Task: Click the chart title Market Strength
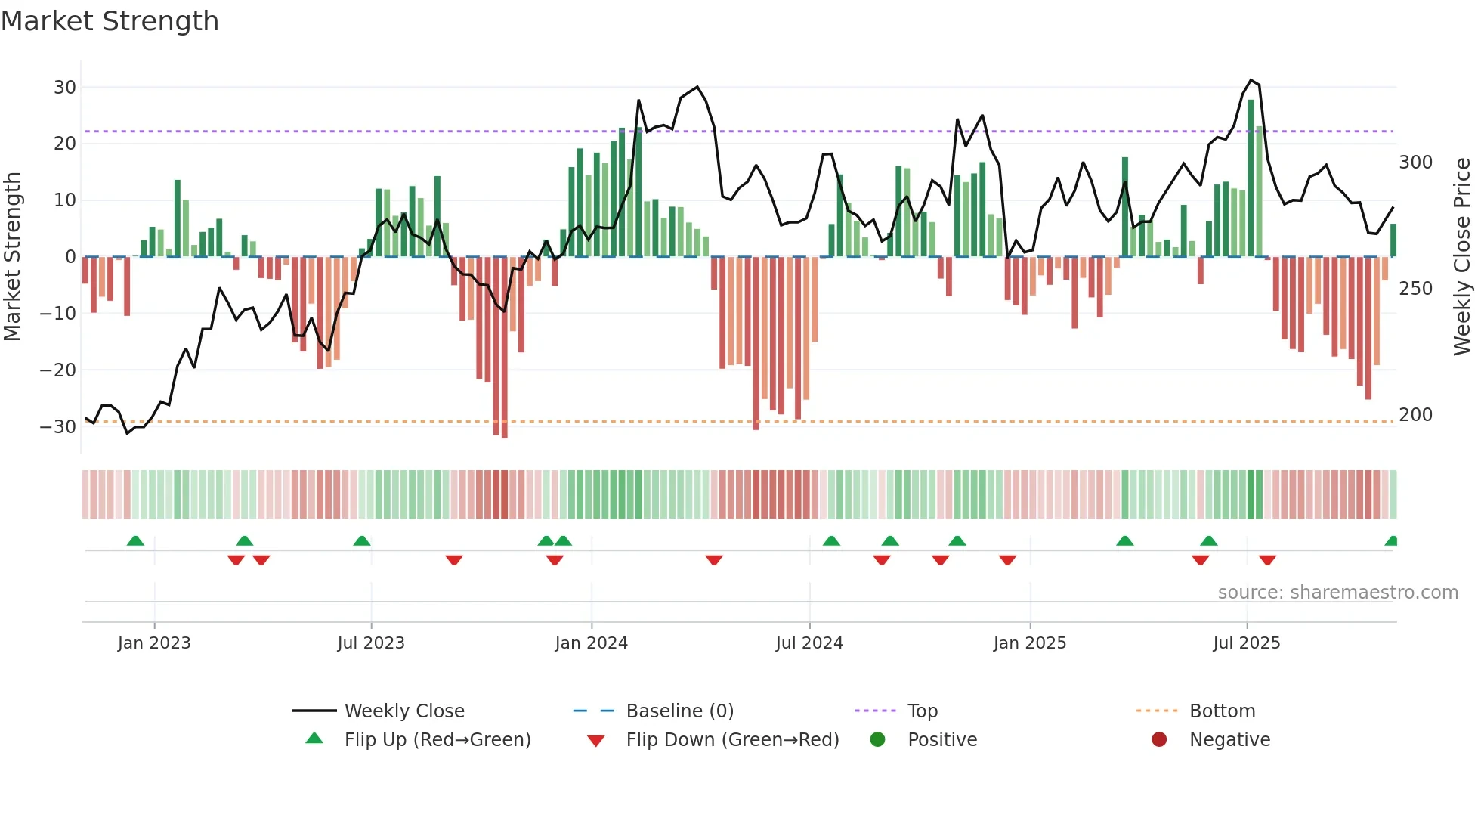[110, 21]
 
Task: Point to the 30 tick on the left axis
[65, 87]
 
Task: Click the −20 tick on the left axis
[58, 370]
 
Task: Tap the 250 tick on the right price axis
[1415, 289]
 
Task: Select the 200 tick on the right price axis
[1415, 415]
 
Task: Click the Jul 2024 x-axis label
[809, 643]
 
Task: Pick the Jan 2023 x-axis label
[154, 643]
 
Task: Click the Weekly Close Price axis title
[1462, 257]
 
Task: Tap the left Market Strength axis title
[12, 257]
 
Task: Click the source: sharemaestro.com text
[1337, 593]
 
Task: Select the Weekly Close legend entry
[404, 711]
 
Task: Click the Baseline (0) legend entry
[679, 711]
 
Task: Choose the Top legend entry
[922, 711]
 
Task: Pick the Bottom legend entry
[1222, 711]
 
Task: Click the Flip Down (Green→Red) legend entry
[732, 740]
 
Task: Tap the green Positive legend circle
[877, 739]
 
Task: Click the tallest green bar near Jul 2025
[1251, 178]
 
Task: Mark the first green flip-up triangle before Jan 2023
[135, 540]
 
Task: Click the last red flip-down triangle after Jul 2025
[1267, 560]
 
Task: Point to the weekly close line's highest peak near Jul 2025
[1251, 80]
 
